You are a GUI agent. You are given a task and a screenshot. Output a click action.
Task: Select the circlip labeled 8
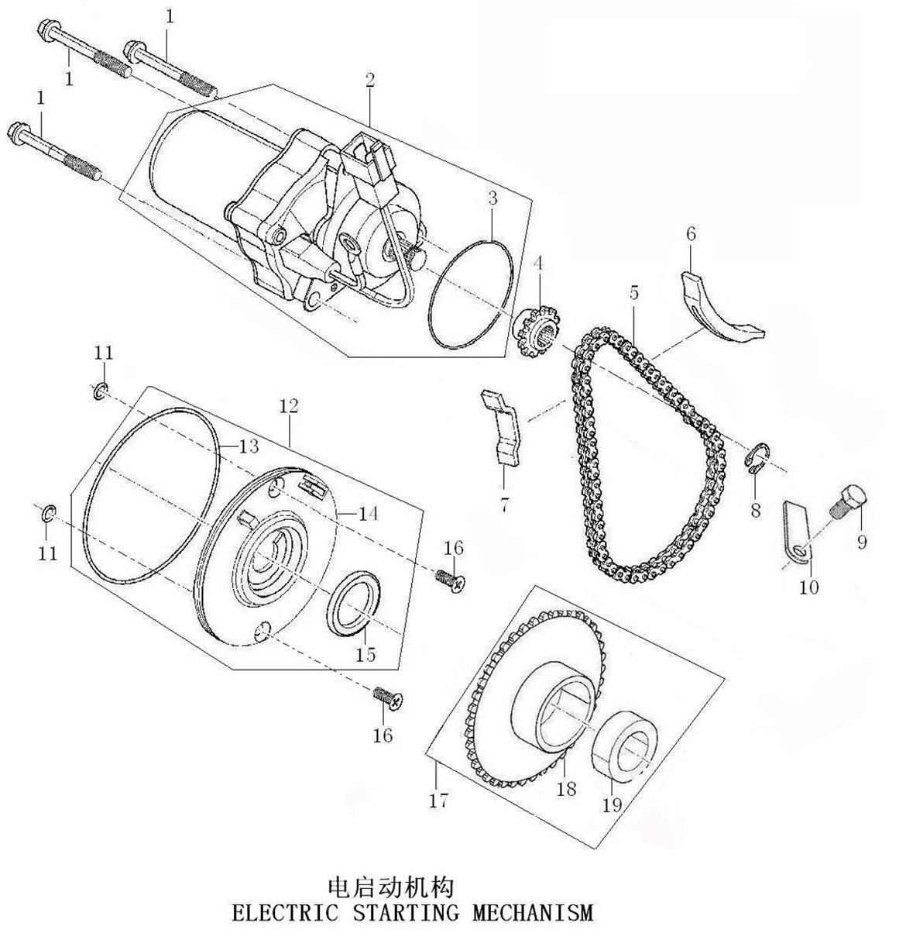758,457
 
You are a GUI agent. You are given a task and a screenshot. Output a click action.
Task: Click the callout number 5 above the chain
633,292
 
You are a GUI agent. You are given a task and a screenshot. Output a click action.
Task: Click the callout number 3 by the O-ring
492,198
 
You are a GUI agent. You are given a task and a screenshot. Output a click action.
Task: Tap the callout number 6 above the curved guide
691,234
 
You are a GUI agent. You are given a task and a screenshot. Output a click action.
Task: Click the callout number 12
289,406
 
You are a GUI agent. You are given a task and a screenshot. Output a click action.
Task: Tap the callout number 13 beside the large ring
249,446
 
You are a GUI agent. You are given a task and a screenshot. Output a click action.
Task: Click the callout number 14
369,514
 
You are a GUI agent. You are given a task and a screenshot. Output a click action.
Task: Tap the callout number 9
862,542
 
